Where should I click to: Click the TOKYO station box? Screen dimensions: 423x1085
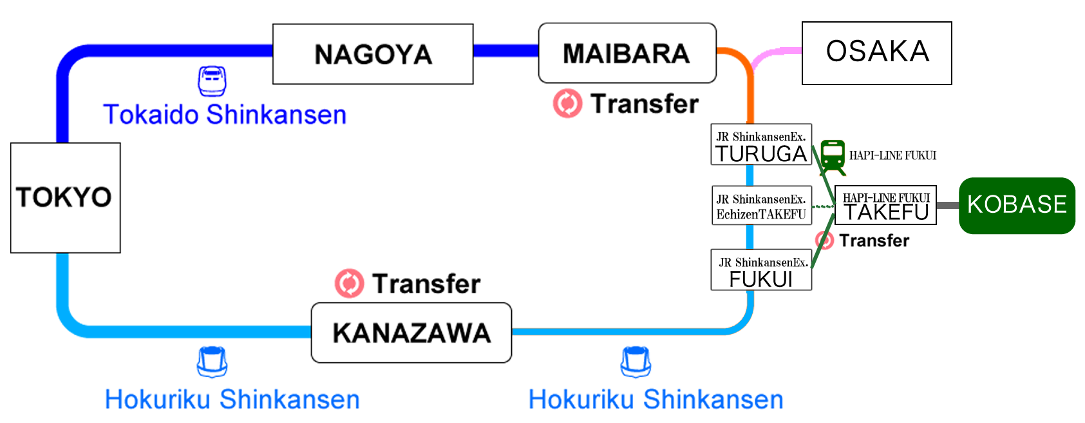[65, 197]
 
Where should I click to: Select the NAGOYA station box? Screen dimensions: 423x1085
[373, 54]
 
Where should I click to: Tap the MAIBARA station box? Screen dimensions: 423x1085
[627, 53]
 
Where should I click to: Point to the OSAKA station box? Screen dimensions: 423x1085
[876, 53]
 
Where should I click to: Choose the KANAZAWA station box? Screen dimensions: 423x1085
[411, 333]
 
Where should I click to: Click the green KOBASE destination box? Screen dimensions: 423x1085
[1017, 205]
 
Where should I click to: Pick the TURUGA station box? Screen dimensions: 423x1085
[760, 144]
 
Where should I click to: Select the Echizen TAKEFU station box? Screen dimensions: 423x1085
[760, 206]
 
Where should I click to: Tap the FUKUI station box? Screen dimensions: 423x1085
[760, 270]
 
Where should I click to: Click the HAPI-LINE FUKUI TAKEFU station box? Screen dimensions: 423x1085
[885, 205]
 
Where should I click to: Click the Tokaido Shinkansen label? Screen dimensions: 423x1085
[225, 115]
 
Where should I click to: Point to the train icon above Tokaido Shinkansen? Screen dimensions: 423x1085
[212, 81]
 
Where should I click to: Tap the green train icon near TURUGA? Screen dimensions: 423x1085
[833, 157]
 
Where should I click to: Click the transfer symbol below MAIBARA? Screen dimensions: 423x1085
[567, 104]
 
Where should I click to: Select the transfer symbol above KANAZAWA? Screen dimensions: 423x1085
[349, 284]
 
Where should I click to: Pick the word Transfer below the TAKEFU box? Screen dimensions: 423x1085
[874, 241]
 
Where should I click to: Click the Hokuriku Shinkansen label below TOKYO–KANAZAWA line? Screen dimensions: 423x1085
[232, 399]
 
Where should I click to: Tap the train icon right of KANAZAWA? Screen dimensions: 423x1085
[636, 362]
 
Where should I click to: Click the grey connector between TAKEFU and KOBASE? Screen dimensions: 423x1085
[947, 205]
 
